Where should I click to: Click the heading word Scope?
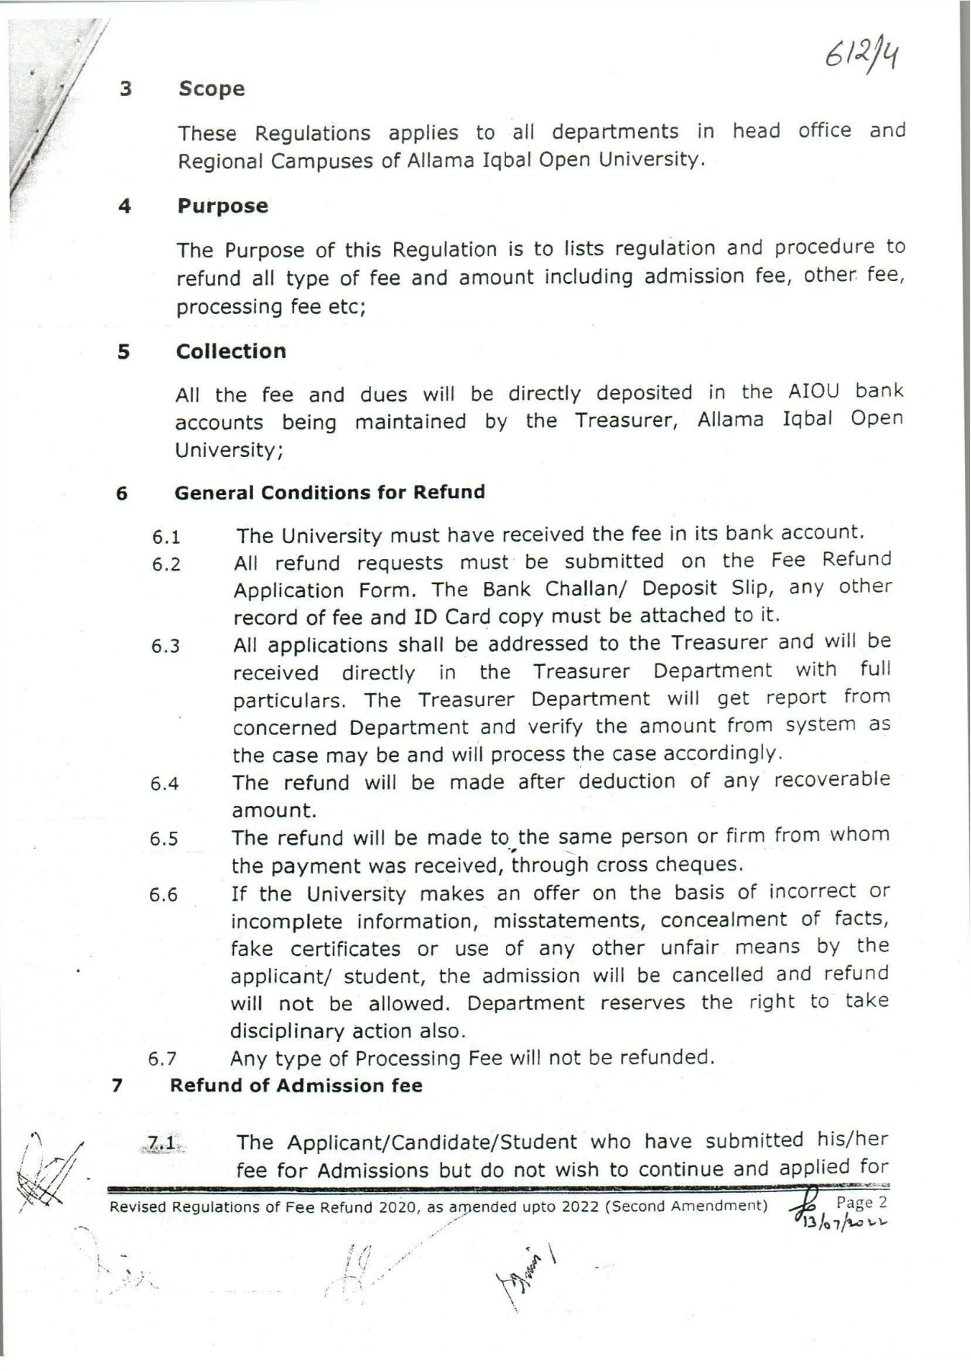pos(212,89)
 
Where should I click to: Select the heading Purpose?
pos(223,206)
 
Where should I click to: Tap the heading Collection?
pos(231,351)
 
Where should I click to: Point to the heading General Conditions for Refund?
pos(329,492)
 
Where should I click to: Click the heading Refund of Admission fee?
pos(296,1085)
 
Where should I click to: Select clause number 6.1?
pos(165,537)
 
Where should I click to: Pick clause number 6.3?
pos(165,647)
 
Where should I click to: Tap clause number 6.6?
pos(164,896)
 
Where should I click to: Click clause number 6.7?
pos(163,1059)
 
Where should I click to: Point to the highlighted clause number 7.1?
pos(162,1143)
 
